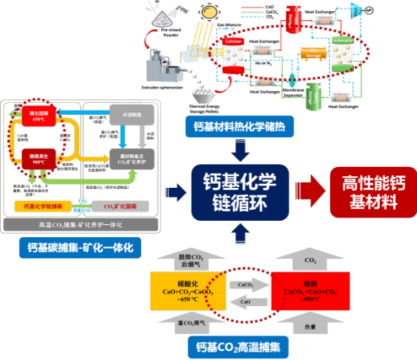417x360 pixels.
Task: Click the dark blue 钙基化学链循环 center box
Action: [241, 192]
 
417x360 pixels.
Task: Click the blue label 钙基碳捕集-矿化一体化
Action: [80, 247]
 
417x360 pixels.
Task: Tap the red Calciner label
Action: [233, 42]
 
